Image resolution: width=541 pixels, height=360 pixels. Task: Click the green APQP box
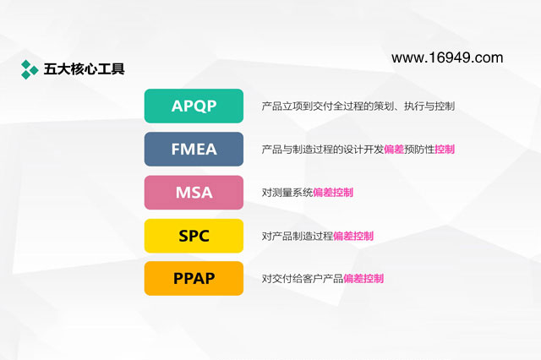tap(194, 106)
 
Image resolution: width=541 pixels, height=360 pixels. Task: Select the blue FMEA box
tap(194, 149)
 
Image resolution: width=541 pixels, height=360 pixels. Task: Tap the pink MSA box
tap(194, 193)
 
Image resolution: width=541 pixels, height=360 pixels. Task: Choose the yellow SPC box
tap(194, 236)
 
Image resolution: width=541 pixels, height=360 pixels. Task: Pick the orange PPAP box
tap(194, 278)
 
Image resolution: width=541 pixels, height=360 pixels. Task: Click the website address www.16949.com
tap(447, 57)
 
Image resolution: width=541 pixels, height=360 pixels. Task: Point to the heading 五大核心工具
tap(84, 69)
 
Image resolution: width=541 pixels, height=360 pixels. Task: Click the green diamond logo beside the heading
tap(30, 69)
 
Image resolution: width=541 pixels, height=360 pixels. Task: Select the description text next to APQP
tap(358, 106)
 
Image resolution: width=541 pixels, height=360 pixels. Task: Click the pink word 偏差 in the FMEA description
tap(394, 150)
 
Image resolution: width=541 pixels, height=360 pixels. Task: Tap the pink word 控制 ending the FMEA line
tap(445, 150)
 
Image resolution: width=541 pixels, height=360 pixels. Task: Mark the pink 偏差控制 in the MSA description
tap(333, 193)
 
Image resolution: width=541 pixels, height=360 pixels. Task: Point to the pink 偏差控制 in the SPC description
tap(353, 236)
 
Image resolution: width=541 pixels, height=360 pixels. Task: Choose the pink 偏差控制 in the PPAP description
tap(363, 278)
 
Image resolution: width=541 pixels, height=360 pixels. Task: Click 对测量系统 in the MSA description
tap(287, 193)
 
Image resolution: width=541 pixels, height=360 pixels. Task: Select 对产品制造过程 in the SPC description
tap(297, 236)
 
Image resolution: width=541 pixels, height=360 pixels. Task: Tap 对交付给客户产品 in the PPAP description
tap(303, 278)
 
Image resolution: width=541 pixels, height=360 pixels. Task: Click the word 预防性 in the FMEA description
tap(419, 150)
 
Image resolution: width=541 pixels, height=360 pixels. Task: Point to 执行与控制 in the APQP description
tap(429, 106)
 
